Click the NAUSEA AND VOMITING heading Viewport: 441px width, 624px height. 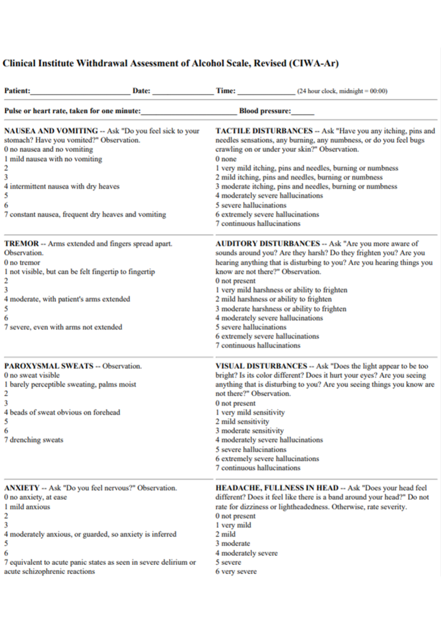[x=51, y=131]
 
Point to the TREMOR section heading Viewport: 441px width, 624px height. [x=21, y=244]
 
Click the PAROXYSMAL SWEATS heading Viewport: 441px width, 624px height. [x=49, y=366]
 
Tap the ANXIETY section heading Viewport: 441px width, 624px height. [x=22, y=488]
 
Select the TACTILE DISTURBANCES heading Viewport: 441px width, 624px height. [x=264, y=131]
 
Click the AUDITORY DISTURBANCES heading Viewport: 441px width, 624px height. [x=268, y=244]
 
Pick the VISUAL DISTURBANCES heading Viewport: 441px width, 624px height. [x=261, y=366]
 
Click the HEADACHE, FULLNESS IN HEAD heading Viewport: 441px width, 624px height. [x=277, y=488]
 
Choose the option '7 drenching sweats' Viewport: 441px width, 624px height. [x=34, y=440]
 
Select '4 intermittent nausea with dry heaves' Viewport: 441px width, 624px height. [x=62, y=186]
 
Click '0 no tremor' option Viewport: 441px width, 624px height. [x=22, y=262]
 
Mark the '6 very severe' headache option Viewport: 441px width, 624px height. [x=236, y=571]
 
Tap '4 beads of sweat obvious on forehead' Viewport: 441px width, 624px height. [x=62, y=412]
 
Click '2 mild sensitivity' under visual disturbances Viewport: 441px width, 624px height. [x=242, y=422]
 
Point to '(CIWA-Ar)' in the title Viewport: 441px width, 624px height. [x=313, y=63]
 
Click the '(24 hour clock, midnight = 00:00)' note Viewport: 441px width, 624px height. [x=342, y=91]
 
